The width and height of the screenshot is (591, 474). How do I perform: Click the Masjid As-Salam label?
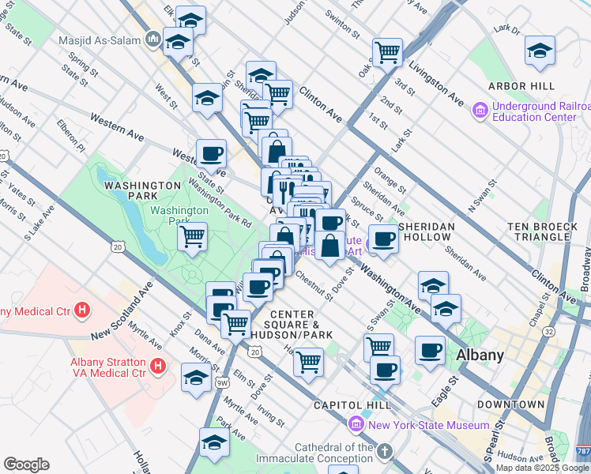100,39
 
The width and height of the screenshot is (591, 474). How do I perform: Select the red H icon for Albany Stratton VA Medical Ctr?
158,366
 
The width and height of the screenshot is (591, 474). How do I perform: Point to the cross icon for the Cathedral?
384,452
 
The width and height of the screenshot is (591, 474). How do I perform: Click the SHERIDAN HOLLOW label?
427,226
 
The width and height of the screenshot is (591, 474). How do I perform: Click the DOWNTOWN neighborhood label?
510,404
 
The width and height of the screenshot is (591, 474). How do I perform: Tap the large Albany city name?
480,355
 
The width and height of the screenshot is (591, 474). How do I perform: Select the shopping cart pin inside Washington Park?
193,235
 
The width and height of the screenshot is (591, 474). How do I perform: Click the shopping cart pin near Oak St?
387,51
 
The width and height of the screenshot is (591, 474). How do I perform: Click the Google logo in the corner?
27,465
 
